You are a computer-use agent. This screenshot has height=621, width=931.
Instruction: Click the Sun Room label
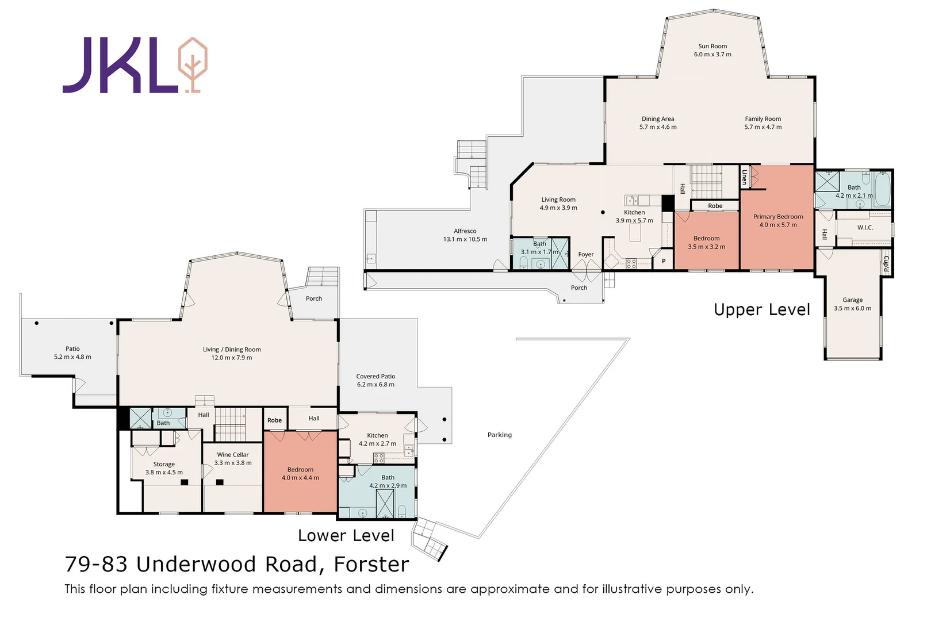pyautogui.click(x=712, y=46)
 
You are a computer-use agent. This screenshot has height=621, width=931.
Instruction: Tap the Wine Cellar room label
pyautogui.click(x=233, y=455)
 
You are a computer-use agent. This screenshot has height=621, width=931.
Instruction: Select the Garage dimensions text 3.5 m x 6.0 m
pyautogui.click(x=852, y=308)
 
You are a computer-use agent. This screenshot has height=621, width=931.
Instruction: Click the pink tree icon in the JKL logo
pyautogui.click(x=193, y=65)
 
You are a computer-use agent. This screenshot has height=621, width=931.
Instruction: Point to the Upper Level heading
pyautogui.click(x=762, y=310)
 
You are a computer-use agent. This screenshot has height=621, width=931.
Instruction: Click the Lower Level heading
pyautogui.click(x=346, y=535)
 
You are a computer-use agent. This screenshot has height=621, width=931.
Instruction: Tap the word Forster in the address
pyautogui.click(x=371, y=565)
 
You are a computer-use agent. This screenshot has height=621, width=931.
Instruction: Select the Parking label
pyautogui.click(x=500, y=435)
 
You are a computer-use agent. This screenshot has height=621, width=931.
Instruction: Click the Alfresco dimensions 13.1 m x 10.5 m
pyautogui.click(x=465, y=239)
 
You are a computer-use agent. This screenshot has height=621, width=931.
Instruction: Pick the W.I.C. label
pyautogui.click(x=865, y=227)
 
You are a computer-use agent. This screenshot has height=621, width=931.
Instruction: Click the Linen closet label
pyautogui.click(x=744, y=177)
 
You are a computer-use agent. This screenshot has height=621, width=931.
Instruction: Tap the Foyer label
pyautogui.click(x=586, y=254)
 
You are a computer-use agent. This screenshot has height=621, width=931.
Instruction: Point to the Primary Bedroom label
pyautogui.click(x=778, y=217)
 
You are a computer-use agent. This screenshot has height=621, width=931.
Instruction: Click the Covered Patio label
pyautogui.click(x=376, y=376)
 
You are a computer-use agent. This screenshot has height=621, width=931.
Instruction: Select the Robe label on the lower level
pyautogui.click(x=274, y=420)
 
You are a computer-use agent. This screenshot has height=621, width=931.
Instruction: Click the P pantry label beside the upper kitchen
pyautogui.click(x=664, y=261)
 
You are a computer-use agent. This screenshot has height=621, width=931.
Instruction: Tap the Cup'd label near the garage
pyautogui.click(x=886, y=263)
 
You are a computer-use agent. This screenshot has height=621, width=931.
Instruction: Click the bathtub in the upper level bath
pyautogui.click(x=882, y=189)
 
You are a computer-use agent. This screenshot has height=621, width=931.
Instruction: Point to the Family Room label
pyautogui.click(x=763, y=119)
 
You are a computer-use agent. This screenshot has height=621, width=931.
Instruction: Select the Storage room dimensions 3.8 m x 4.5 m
pyautogui.click(x=164, y=472)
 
